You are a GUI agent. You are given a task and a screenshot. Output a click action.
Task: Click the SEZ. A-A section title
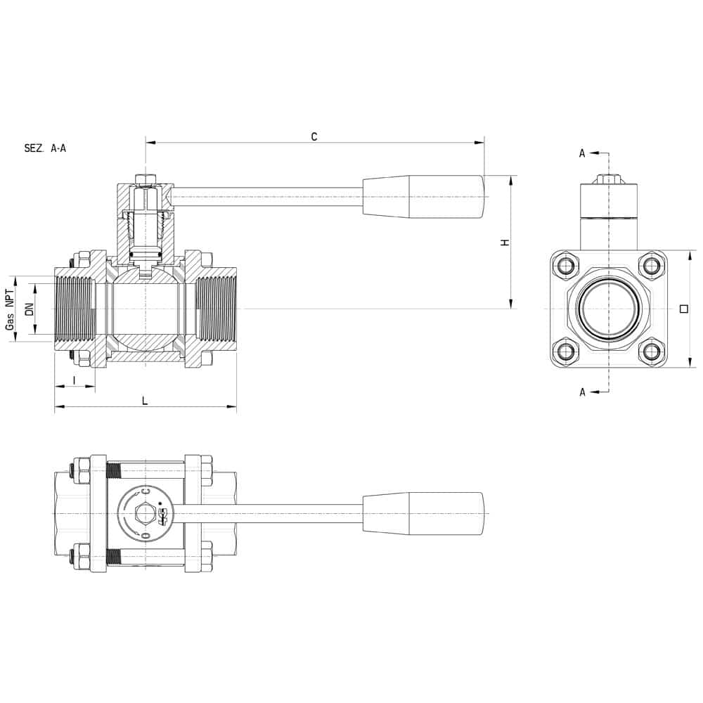[x=45, y=148]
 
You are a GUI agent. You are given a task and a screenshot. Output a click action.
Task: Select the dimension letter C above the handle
[x=314, y=136]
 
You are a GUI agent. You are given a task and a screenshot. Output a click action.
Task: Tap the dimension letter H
[x=505, y=243]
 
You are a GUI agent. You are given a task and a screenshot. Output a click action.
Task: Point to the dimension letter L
[x=145, y=401]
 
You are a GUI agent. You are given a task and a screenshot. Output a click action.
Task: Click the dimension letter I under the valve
[x=75, y=380]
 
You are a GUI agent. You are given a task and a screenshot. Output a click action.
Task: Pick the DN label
[x=30, y=309]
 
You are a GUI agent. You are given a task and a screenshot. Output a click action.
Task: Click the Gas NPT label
[x=10, y=309]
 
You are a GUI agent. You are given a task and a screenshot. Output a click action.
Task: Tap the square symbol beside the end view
[x=684, y=309]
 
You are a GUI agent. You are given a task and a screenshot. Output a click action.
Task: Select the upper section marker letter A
[x=582, y=153]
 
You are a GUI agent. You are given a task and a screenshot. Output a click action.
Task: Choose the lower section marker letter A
[x=582, y=392]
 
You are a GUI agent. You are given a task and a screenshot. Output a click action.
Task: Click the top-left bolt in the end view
[x=566, y=266]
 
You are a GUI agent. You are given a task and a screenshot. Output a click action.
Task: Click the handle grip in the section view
[x=423, y=197]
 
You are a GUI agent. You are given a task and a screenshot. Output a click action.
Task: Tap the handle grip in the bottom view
[x=423, y=513]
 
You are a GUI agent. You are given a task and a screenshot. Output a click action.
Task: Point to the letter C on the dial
[x=146, y=492]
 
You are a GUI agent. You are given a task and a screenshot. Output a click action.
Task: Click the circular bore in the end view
[x=608, y=309]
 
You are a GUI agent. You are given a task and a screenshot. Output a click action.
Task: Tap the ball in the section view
[x=146, y=309]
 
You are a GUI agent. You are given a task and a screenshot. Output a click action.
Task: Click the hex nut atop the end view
[x=608, y=179]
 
